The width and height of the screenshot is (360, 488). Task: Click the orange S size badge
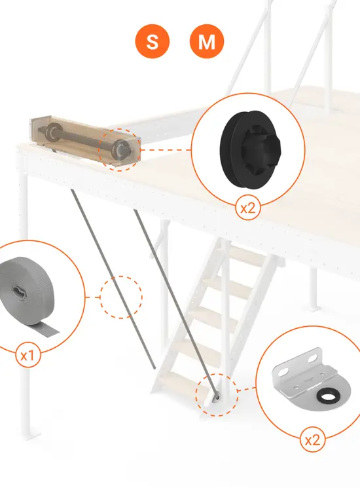coord(152,42)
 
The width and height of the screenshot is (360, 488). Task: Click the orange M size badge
coord(206,42)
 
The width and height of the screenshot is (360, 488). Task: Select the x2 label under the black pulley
coord(247,208)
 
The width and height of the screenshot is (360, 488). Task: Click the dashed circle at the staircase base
coord(217,395)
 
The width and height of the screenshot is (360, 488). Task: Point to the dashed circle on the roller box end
coord(120,149)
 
